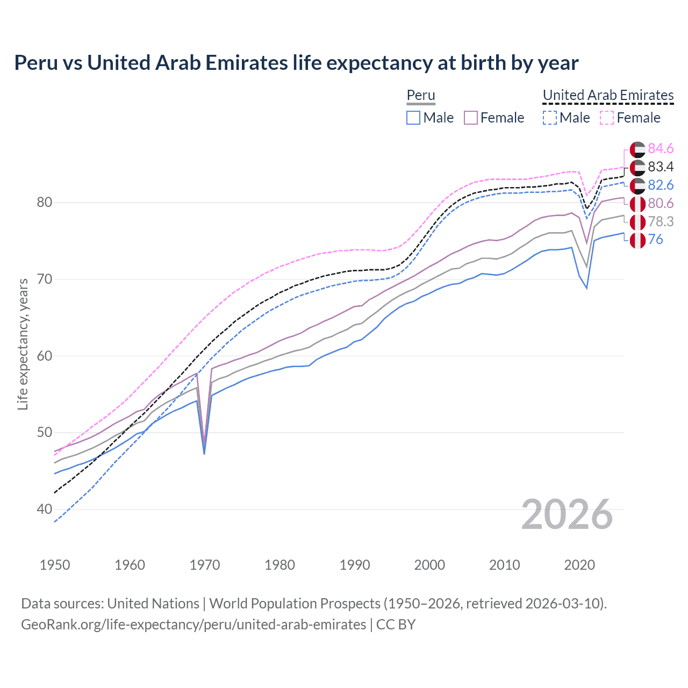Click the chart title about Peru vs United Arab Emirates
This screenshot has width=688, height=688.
point(296,63)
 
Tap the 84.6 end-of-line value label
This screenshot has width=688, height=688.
point(661,148)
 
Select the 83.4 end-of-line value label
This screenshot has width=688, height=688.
point(661,167)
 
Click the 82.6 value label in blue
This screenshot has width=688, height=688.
point(661,185)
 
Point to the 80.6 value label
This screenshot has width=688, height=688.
point(661,203)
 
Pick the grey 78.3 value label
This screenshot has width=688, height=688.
point(661,221)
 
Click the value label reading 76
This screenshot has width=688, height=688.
point(655,240)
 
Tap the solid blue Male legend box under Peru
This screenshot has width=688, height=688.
point(413,118)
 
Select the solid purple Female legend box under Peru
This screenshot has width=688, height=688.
point(471,118)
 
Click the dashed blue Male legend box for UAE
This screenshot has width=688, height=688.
point(549,118)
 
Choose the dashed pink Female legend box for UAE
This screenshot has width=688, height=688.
point(607,118)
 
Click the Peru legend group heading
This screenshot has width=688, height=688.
point(420,95)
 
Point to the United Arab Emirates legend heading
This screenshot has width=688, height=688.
point(608,95)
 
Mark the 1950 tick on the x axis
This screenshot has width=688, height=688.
point(55,565)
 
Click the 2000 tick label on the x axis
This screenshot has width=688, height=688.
point(429,565)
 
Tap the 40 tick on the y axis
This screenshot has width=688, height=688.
point(44,509)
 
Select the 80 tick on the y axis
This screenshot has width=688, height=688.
point(44,203)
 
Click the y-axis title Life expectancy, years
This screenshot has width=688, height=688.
point(23,344)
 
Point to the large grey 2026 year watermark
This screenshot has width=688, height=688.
point(567,514)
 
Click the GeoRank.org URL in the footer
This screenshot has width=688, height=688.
point(193,625)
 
